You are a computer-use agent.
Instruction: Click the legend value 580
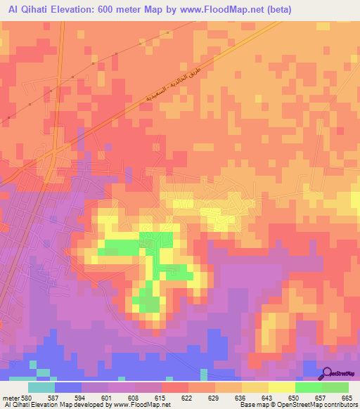[x=27, y=398]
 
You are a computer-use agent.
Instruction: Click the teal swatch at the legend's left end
[x=41, y=387]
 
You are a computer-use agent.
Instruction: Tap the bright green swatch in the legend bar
[x=309, y=387]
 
